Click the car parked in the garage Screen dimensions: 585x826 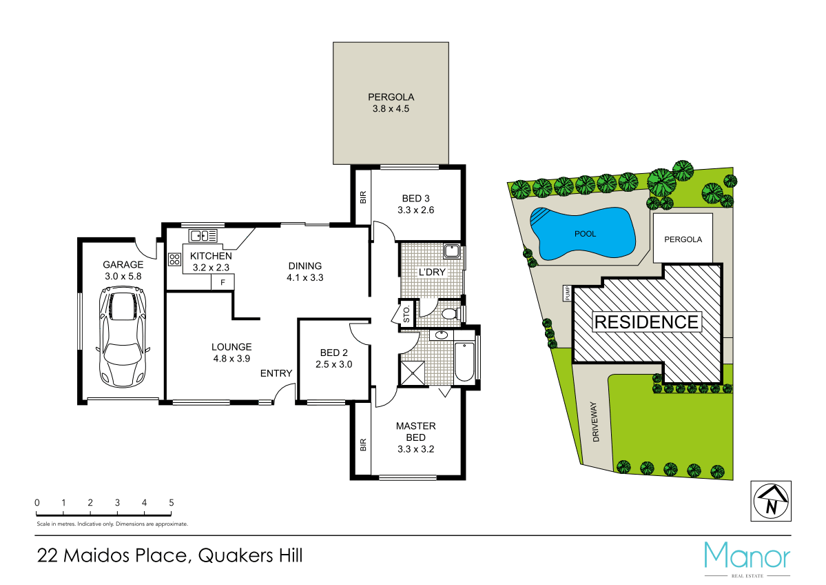pyautogui.click(x=124, y=339)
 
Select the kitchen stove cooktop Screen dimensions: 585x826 pyautogui.click(x=174, y=259)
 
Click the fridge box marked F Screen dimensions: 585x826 pyautogui.click(x=223, y=282)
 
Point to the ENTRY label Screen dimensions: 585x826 pyautogui.click(x=276, y=373)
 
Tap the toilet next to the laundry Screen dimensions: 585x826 pyautogui.click(x=450, y=315)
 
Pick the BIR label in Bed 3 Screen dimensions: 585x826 pyautogui.click(x=362, y=197)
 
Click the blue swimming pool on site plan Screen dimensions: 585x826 pyautogui.click(x=581, y=234)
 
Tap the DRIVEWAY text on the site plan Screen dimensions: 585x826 pyautogui.click(x=596, y=422)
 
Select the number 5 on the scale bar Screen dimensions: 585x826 pyautogui.click(x=171, y=503)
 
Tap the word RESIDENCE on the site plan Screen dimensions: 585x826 pyautogui.click(x=646, y=321)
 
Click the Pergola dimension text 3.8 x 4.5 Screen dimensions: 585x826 pyautogui.click(x=391, y=109)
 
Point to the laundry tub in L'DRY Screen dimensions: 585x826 pyautogui.click(x=452, y=250)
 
